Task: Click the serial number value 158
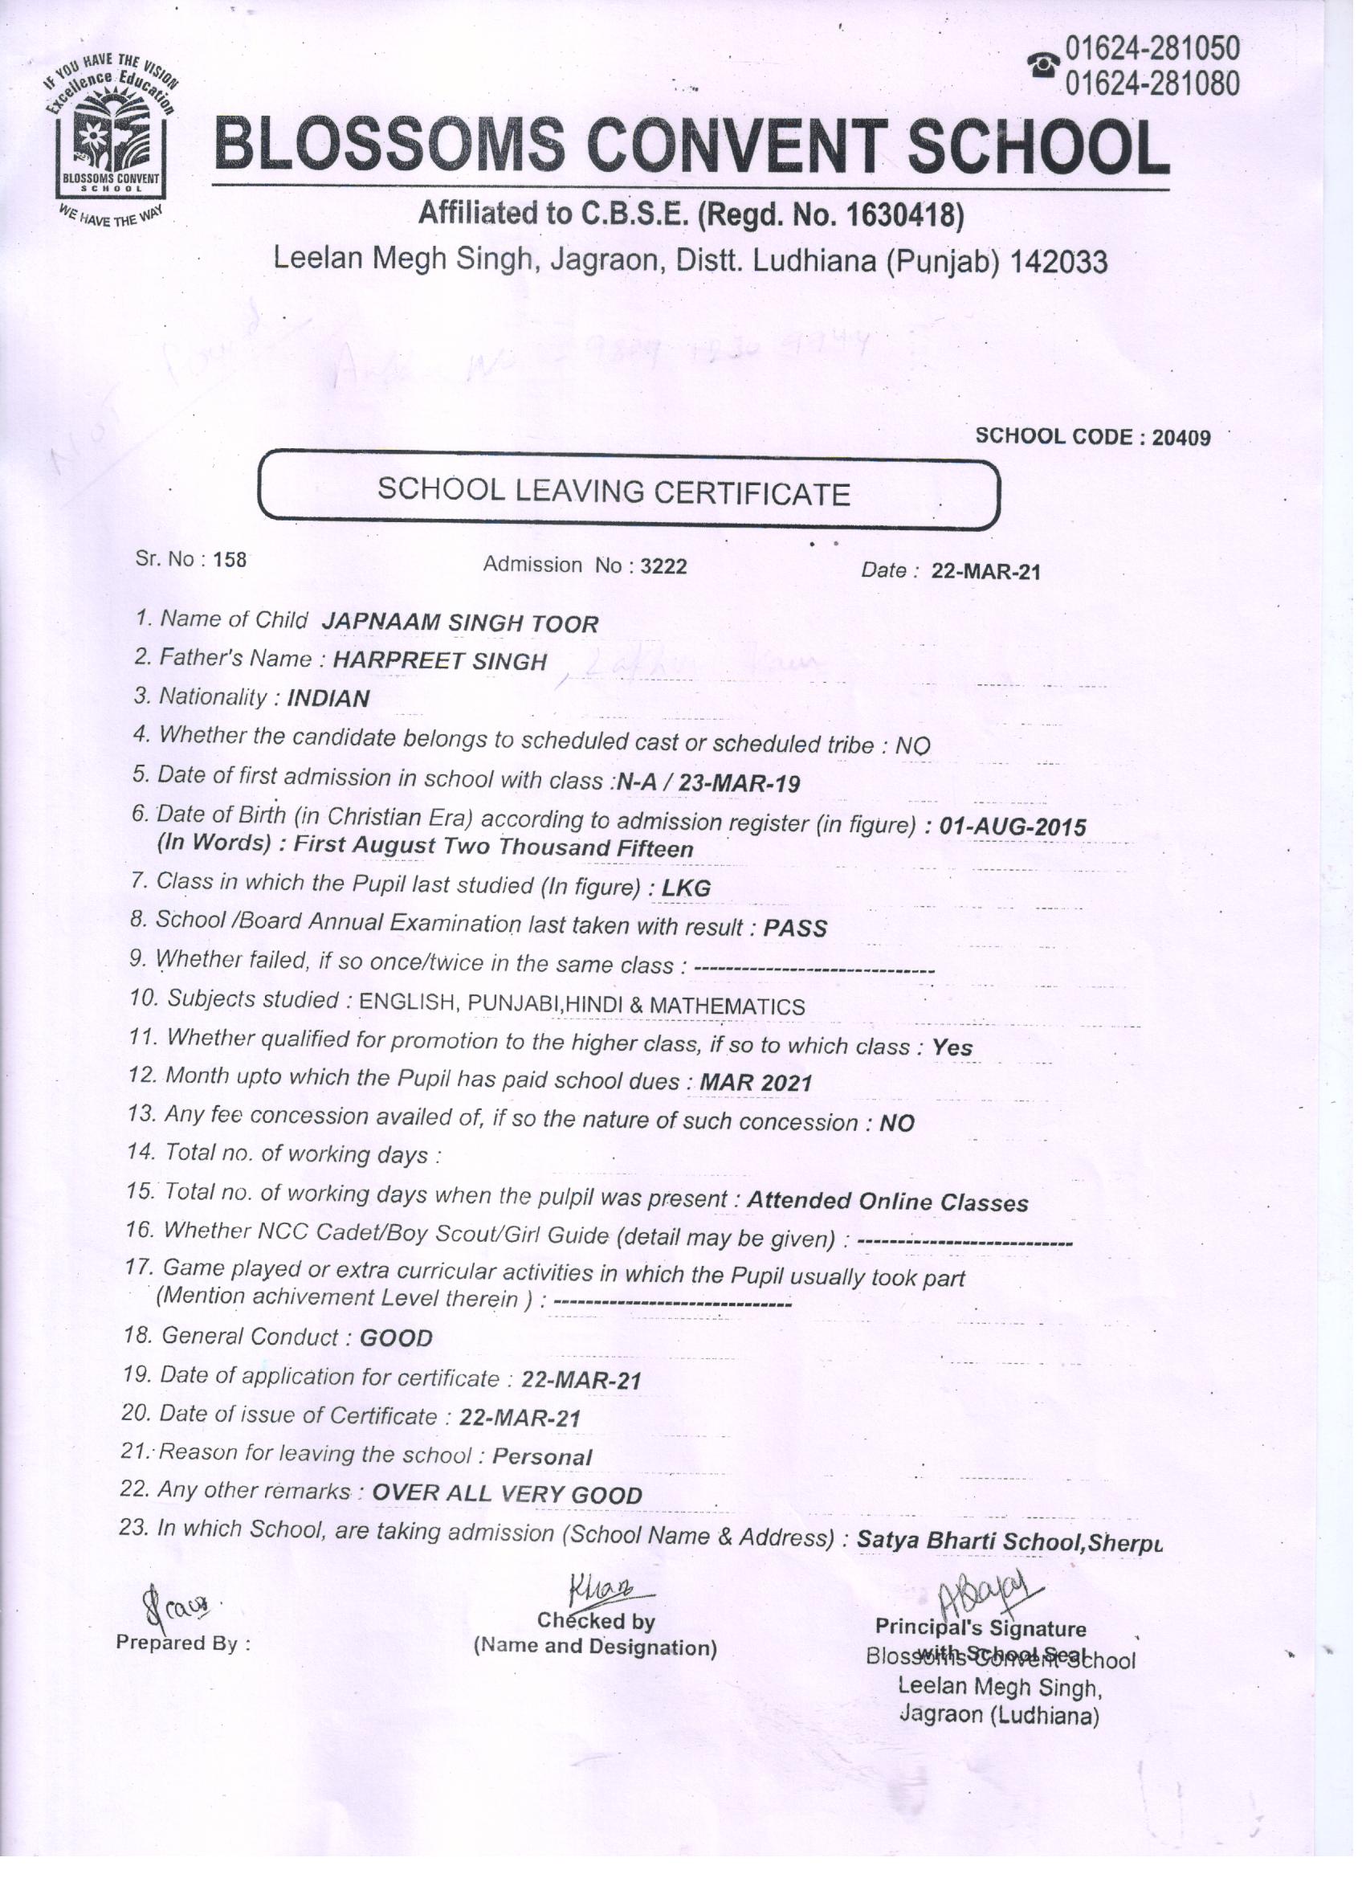click(x=230, y=560)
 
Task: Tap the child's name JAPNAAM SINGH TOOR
click(x=459, y=623)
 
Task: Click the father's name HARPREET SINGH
click(x=438, y=661)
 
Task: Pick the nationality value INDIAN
click(x=328, y=698)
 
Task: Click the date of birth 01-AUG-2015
click(x=1013, y=826)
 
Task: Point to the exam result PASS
click(x=795, y=929)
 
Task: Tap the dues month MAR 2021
click(x=755, y=1082)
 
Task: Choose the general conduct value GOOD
click(x=396, y=1338)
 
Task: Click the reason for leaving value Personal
click(x=541, y=1457)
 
